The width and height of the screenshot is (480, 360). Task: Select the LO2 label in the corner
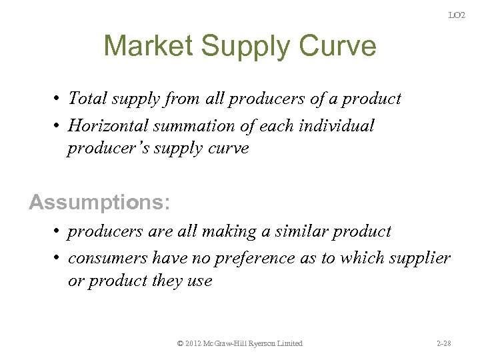pos(457,15)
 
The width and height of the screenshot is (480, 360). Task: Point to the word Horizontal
pos(110,125)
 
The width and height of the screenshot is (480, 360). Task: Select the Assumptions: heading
pos(99,201)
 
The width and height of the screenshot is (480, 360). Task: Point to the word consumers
pos(108,258)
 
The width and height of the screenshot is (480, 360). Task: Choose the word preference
pos(248,258)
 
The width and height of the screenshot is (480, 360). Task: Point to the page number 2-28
pos(444,343)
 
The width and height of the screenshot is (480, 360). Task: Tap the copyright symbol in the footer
pos(181,343)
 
